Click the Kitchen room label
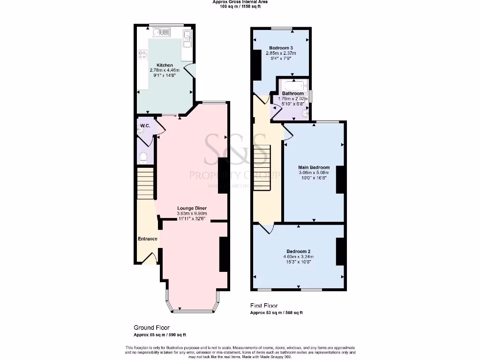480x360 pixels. [x=165, y=65]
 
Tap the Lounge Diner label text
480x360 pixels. [x=192, y=208]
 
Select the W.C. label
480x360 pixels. [x=144, y=126]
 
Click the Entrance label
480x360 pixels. [x=147, y=239]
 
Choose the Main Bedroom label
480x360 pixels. [x=314, y=167]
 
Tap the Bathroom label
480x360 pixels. [x=292, y=93]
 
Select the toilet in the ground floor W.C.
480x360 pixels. [x=143, y=157]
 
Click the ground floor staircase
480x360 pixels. [x=146, y=184]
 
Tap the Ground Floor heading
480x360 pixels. [x=152, y=328]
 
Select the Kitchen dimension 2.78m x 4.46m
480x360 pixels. [x=165, y=70]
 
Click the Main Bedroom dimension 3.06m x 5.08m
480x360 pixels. [x=314, y=172]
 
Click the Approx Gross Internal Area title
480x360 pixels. [x=240, y=2]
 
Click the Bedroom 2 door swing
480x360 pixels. [x=267, y=229]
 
